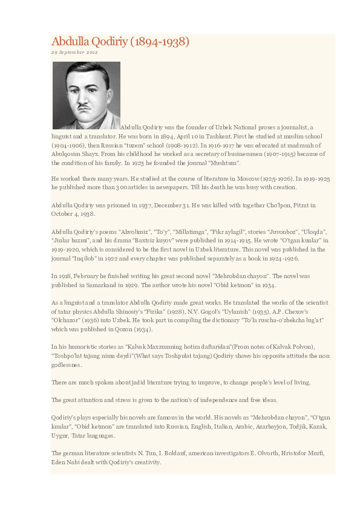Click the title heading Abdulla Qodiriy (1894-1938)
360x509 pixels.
(120, 42)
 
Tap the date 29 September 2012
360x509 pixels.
(74, 53)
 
